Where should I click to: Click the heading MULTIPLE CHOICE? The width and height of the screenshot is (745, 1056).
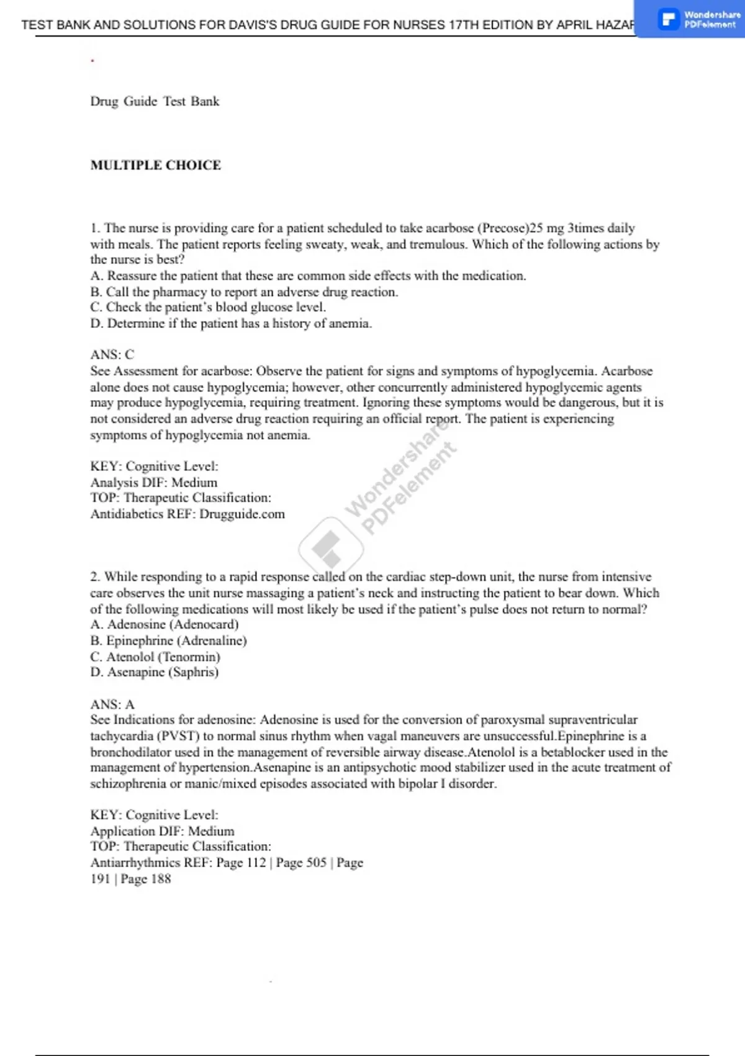[x=156, y=165]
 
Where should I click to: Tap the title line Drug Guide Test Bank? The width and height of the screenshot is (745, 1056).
[x=155, y=101]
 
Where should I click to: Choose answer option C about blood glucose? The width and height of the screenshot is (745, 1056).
[x=208, y=307]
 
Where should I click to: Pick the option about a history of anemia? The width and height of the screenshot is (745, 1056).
[x=231, y=324]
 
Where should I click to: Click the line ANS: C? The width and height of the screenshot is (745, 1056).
[x=112, y=355]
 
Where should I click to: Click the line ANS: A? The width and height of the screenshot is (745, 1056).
[x=112, y=704]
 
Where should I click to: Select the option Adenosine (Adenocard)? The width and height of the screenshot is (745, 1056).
[x=165, y=624]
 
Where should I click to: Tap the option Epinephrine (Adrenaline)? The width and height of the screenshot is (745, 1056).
[x=168, y=640]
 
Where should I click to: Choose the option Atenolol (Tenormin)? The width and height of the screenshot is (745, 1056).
[x=155, y=657]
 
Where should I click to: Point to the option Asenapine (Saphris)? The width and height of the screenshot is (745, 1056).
[x=155, y=672]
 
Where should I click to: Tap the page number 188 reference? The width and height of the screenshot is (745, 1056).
[x=161, y=879]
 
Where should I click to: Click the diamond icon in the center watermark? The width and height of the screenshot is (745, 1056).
[x=330, y=547]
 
